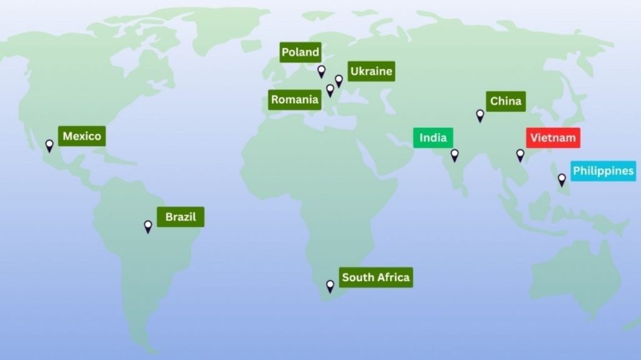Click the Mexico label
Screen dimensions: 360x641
(x=82, y=136)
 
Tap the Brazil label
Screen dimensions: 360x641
(x=180, y=217)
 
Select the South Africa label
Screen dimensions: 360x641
(x=376, y=277)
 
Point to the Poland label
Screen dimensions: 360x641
(x=300, y=52)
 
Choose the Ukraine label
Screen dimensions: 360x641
(x=371, y=71)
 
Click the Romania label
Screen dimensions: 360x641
(x=295, y=99)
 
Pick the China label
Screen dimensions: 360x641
(x=506, y=101)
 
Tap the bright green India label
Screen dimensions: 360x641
(x=433, y=138)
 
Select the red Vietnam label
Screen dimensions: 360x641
(x=553, y=138)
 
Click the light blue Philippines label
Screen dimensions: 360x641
(x=603, y=171)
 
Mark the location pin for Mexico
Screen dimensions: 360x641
(x=49, y=146)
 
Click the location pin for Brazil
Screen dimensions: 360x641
(x=148, y=226)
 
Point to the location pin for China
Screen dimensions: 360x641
(x=480, y=116)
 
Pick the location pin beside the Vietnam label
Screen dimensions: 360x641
(x=520, y=155)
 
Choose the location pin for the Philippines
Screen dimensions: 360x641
(x=562, y=180)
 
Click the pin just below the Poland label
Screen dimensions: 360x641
(x=322, y=71)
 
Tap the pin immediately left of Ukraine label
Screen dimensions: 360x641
(x=339, y=81)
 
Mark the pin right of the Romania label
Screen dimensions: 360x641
(x=330, y=91)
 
